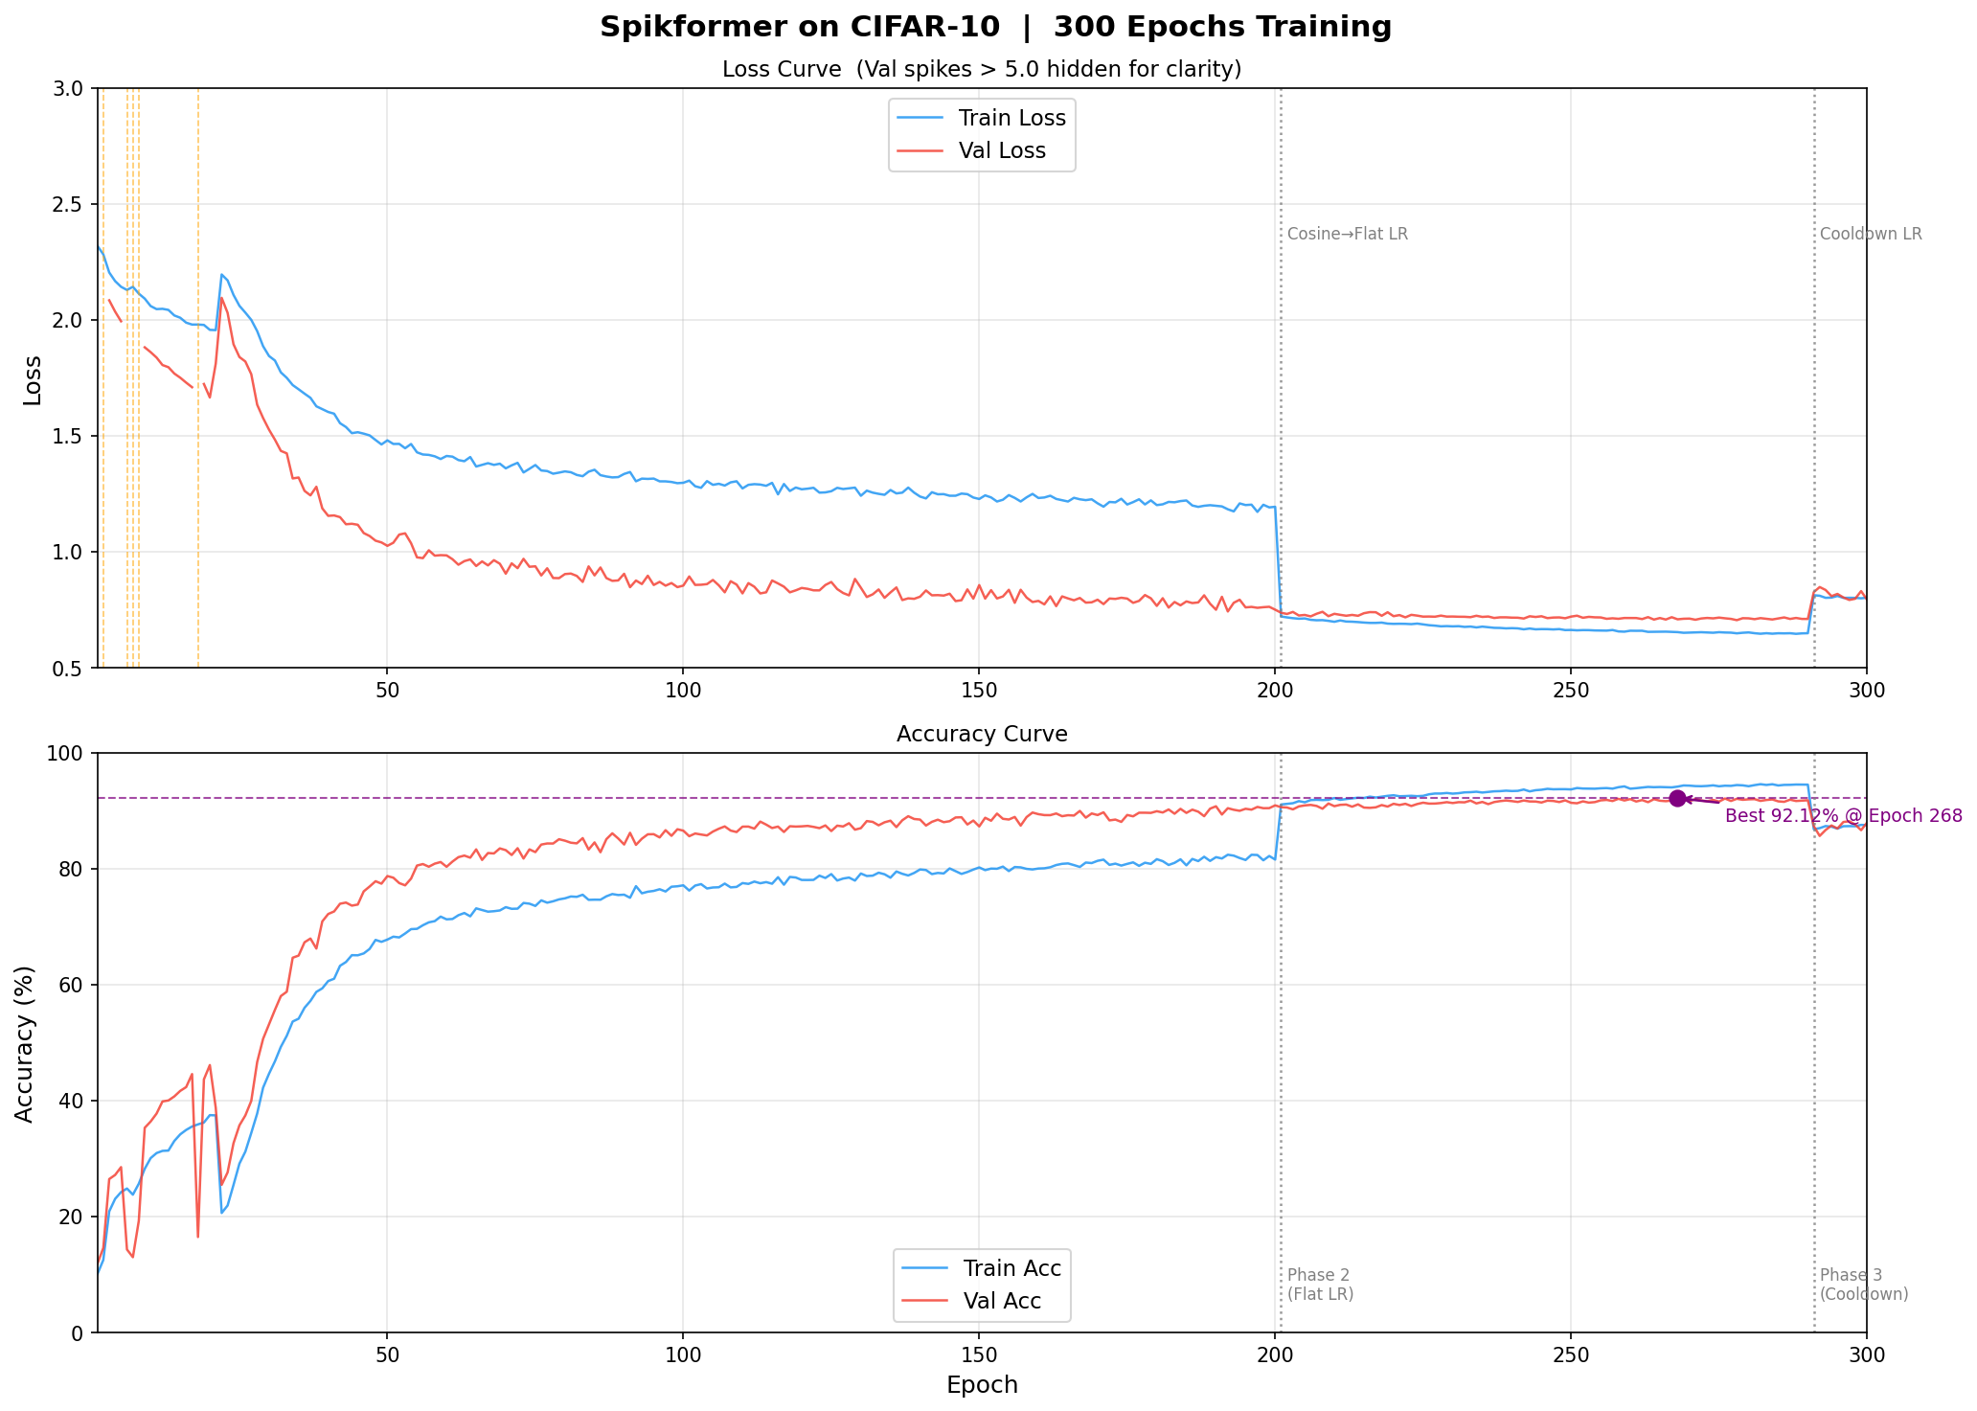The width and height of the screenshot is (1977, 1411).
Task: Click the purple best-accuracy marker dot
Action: (x=1677, y=798)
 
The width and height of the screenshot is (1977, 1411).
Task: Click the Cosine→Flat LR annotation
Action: (x=1347, y=235)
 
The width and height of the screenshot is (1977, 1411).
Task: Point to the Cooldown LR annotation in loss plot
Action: (x=1870, y=235)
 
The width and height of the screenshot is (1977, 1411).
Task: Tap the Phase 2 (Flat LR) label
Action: (x=1320, y=1285)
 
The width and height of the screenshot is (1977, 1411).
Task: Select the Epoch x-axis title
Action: (x=982, y=1385)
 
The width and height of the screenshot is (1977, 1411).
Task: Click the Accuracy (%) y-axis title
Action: (x=26, y=1043)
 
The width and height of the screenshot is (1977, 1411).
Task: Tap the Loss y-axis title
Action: (x=33, y=379)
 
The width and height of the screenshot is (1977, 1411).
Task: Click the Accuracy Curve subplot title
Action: (x=982, y=734)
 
